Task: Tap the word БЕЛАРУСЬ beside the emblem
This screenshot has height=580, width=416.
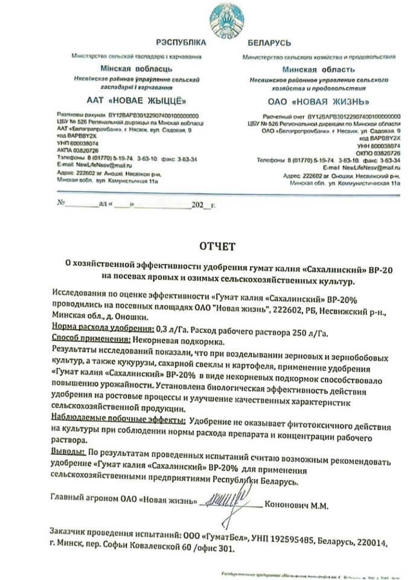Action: [269, 43]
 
